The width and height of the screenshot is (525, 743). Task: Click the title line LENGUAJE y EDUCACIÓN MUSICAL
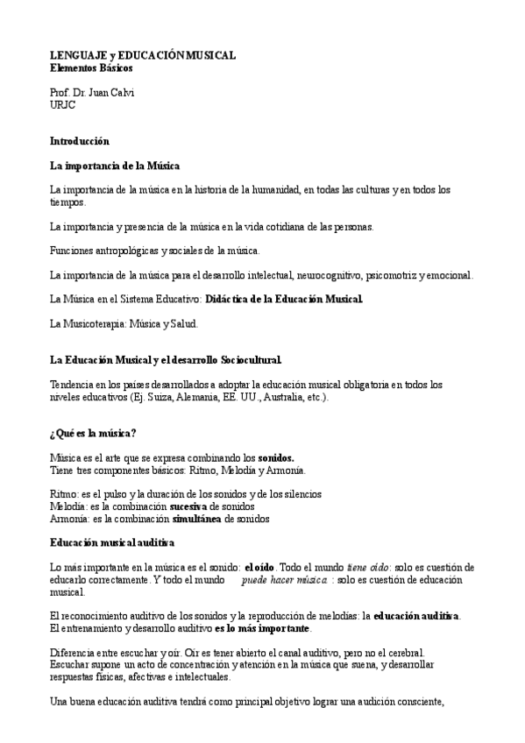[x=142, y=55]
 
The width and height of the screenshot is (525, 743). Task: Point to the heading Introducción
[x=80, y=140]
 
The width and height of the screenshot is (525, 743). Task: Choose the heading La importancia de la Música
[x=115, y=165]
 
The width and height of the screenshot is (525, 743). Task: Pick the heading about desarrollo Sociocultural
[x=166, y=360]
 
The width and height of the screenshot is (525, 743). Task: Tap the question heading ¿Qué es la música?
[x=93, y=434]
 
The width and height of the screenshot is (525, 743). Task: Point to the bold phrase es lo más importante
[x=262, y=629]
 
